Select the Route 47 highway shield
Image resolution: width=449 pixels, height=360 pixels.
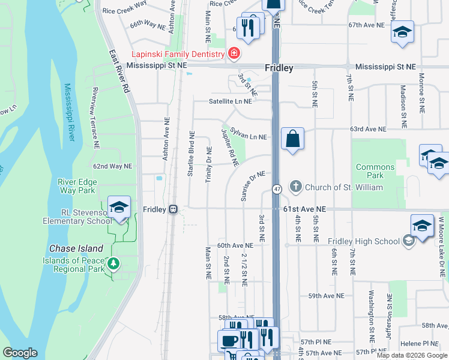click(277, 189)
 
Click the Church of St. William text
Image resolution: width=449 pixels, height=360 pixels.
click(343, 187)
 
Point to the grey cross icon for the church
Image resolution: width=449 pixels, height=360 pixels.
click(295, 187)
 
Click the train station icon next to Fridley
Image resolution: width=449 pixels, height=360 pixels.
click(173, 209)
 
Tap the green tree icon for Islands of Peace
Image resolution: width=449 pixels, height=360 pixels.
click(112, 263)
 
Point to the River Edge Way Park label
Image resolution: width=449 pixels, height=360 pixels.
click(76, 186)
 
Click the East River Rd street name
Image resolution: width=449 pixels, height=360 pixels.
click(119, 71)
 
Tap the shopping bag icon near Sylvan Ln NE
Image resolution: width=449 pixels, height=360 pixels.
click(292, 139)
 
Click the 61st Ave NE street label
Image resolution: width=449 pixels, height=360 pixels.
click(304, 209)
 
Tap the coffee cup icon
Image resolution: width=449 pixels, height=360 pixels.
click(229, 340)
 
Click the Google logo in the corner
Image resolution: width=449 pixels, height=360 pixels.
click(20, 353)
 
